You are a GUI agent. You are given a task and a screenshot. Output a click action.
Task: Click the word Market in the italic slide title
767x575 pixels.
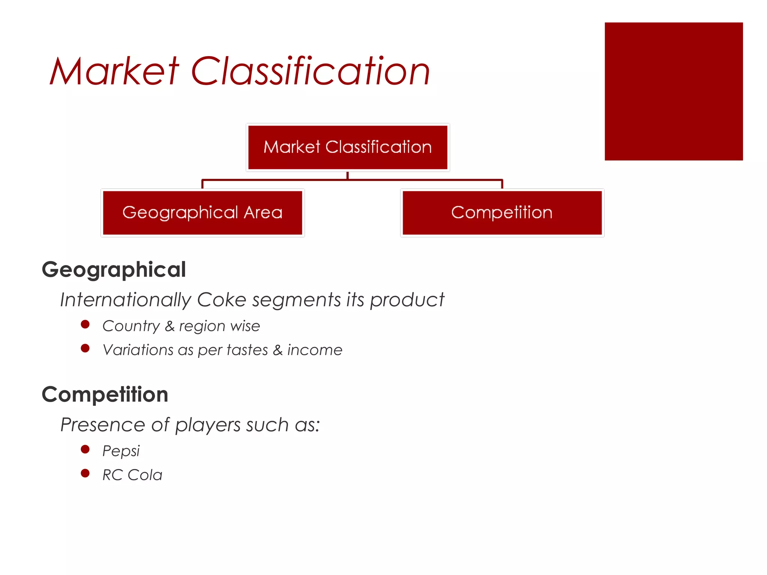click(114, 71)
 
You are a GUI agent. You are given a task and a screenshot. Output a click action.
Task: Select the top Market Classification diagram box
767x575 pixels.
click(348, 147)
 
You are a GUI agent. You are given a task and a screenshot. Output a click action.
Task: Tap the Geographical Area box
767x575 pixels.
click(202, 213)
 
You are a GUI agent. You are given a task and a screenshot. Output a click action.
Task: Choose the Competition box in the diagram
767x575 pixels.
click(502, 213)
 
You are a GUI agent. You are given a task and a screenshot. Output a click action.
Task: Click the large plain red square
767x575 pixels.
click(673, 91)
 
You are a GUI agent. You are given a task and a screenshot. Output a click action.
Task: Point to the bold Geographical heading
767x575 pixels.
click(114, 270)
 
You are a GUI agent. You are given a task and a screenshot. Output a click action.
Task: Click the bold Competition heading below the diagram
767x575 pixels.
click(105, 395)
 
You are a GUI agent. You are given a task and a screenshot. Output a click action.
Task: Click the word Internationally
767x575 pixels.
click(125, 300)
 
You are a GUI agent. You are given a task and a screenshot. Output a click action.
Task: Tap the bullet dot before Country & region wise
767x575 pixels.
click(85, 324)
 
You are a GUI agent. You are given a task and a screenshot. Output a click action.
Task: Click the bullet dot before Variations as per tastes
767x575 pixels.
click(85, 349)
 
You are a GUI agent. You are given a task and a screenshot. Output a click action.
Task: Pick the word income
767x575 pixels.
click(315, 350)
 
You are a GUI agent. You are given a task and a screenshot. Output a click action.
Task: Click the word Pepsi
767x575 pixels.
click(121, 451)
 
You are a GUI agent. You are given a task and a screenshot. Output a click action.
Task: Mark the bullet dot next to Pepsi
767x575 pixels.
click(85, 449)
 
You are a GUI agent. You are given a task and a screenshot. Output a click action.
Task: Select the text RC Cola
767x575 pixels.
click(132, 475)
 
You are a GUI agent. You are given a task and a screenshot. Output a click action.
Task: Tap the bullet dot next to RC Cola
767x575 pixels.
click(85, 474)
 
